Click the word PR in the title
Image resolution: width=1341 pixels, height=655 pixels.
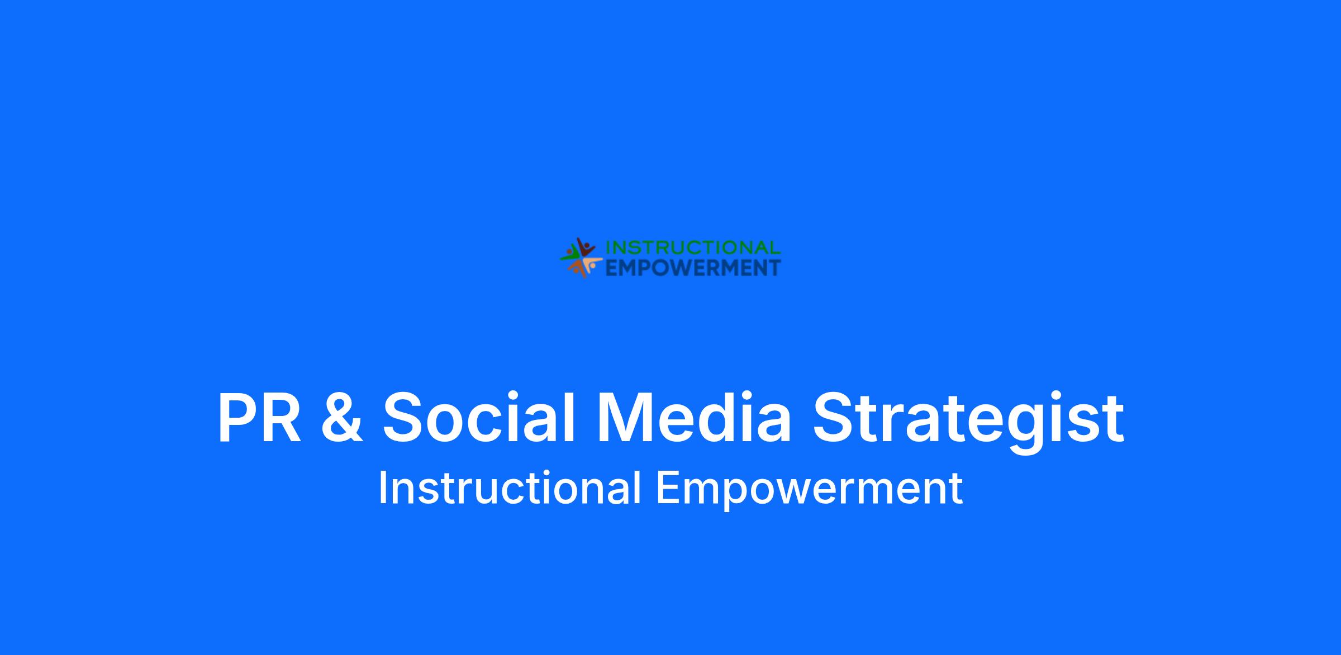point(259,418)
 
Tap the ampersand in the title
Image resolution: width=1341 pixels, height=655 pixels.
point(342,418)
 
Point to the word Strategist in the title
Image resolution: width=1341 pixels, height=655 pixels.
point(968,422)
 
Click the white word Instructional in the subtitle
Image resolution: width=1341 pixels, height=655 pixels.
point(510,487)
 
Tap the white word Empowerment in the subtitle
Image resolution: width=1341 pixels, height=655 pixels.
point(809,490)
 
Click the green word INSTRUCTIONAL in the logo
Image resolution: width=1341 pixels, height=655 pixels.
point(693,248)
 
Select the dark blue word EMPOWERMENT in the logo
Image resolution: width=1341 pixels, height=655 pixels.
point(693,268)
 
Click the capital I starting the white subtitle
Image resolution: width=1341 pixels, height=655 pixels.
point(383,487)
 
